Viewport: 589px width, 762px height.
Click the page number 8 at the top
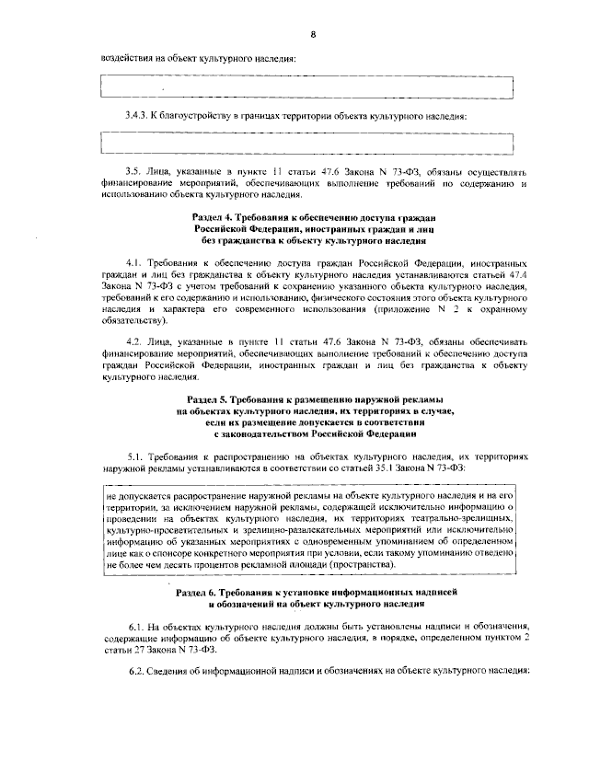pyautogui.click(x=313, y=35)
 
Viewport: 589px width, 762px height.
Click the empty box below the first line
pyautogui.click(x=306, y=88)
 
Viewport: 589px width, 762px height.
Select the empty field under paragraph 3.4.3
pyautogui.click(x=306, y=143)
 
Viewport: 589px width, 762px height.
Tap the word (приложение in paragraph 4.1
pyautogui.click(x=410, y=310)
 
